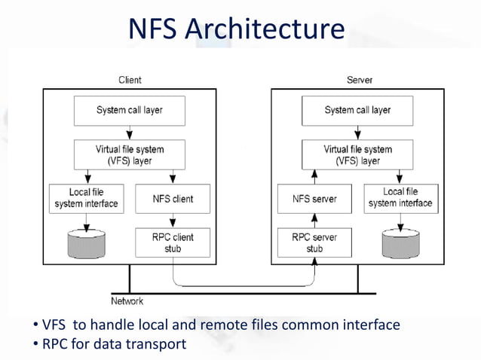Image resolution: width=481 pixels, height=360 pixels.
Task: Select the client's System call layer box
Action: point(129,111)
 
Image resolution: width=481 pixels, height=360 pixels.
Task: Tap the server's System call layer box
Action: point(357,111)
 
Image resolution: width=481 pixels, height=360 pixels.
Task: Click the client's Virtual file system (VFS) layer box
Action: point(129,155)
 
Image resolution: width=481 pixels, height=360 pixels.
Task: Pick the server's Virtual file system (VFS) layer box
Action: point(357,155)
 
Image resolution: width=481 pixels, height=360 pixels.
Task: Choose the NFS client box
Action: point(173,199)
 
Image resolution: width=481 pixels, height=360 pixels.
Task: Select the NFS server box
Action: point(314,199)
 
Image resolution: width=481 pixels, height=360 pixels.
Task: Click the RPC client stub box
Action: point(173,243)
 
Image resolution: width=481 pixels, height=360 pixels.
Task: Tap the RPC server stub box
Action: point(314,243)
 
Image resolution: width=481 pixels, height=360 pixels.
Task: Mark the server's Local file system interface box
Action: point(400,198)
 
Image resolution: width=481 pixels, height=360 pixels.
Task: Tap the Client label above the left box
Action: point(129,80)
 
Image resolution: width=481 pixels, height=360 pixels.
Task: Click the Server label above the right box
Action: point(359,80)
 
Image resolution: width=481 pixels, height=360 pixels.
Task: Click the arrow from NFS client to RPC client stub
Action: point(173,220)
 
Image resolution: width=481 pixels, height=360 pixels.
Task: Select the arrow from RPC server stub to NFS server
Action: point(314,220)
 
